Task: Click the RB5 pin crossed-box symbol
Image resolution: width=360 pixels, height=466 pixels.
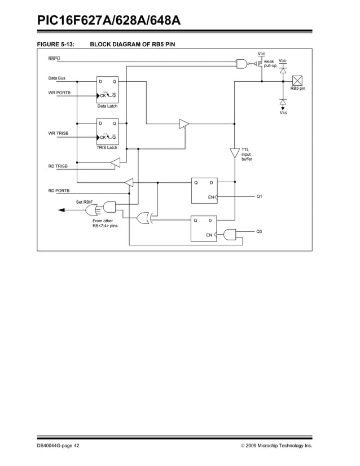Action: click(297, 81)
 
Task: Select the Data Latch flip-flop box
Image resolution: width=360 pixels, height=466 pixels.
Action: click(107, 89)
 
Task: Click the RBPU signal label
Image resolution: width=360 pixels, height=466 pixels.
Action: click(54, 59)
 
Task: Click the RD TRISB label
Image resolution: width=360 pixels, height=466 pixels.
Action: click(58, 166)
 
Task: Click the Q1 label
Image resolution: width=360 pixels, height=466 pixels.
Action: click(260, 196)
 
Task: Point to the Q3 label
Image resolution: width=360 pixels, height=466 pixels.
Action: click(260, 232)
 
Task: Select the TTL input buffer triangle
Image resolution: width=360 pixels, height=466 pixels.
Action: click(234, 153)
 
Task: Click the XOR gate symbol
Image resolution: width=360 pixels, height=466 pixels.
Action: click(143, 217)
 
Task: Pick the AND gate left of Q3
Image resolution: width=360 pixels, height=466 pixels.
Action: click(230, 234)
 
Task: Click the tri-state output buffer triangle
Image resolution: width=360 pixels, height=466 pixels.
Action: click(184, 124)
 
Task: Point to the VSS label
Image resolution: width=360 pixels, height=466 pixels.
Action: click(283, 113)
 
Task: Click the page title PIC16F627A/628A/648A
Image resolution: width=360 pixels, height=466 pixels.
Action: click(109, 21)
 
